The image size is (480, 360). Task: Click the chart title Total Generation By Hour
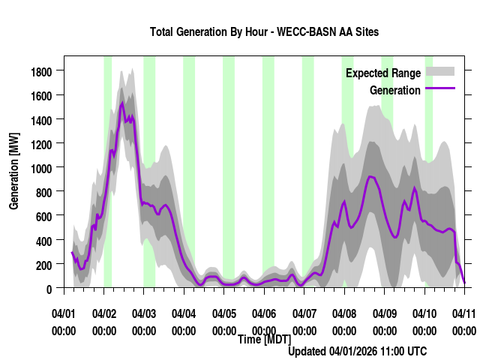(264, 32)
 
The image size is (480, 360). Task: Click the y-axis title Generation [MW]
(14, 171)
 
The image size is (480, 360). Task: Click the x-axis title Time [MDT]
(264, 340)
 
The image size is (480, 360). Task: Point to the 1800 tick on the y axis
(42, 71)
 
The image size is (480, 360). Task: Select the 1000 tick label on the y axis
(42, 167)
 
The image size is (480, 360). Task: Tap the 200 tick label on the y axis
(46, 264)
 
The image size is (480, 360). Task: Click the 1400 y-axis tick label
(42, 119)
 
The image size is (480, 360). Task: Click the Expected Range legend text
(382, 73)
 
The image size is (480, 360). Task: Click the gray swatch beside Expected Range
(440, 72)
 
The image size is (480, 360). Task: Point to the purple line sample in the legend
(440, 89)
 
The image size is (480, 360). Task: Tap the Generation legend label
(394, 91)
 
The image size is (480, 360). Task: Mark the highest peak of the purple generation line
(122, 103)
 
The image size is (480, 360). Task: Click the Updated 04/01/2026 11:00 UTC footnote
(358, 351)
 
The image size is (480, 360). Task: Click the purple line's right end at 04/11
(464, 282)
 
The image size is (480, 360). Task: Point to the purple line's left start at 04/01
(72, 253)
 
